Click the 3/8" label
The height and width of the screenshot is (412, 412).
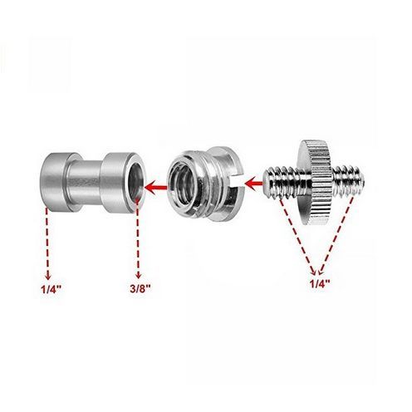[140, 289]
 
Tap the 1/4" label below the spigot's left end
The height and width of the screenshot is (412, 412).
[51, 290]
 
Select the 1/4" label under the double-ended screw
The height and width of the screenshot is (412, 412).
[321, 284]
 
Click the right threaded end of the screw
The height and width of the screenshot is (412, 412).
[349, 181]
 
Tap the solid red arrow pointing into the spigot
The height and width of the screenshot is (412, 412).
[155, 188]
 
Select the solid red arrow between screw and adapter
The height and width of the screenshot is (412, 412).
[254, 183]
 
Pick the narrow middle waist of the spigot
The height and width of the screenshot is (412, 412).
[85, 181]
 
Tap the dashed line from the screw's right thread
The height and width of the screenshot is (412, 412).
[336, 235]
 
